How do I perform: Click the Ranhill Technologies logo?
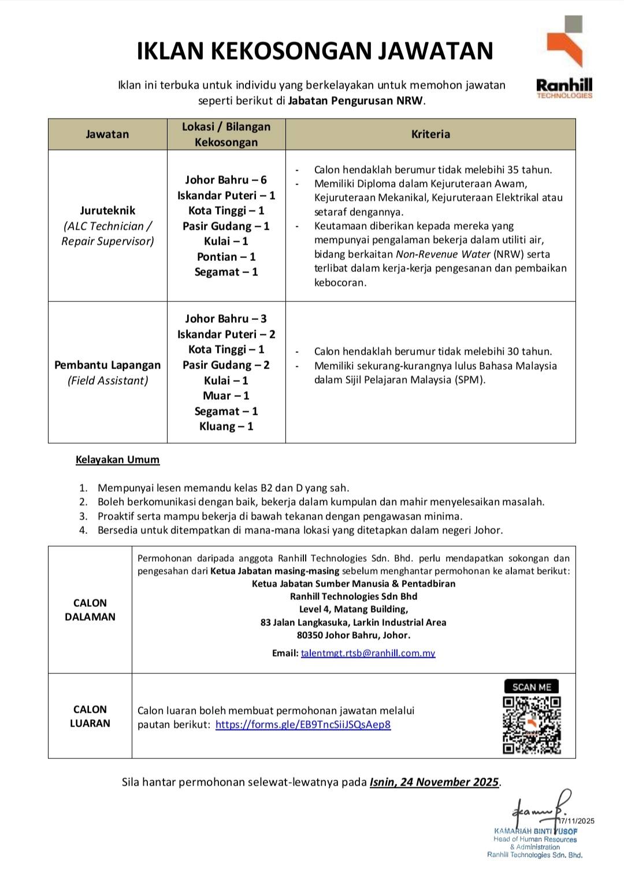coord(564,58)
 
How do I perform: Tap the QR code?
coord(532,725)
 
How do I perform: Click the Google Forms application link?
coord(303,724)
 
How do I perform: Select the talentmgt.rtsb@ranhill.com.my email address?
coord(367,653)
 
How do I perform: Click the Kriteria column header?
coord(430,134)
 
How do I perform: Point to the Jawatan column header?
coord(107,134)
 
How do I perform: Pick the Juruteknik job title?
coord(107,211)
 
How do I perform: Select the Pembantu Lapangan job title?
coord(107,365)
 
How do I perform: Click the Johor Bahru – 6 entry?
coord(226,180)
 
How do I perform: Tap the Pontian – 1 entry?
coord(226,257)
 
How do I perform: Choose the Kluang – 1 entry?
coord(226,426)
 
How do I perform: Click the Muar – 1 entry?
coord(226,396)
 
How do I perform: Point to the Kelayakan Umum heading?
coord(117,460)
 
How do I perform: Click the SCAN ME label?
coord(532,687)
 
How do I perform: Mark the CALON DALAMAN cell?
coord(90,610)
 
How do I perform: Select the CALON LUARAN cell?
coord(90,716)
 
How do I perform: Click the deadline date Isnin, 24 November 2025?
coord(434,782)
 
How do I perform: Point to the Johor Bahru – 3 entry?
coord(226,319)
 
